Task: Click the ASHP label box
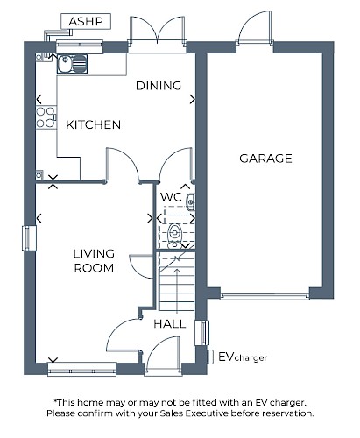[86, 21]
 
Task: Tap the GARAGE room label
[265, 159]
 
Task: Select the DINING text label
[159, 86]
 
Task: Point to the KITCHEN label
[93, 124]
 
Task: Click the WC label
[171, 197]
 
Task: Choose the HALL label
[170, 323]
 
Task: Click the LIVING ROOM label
[94, 261]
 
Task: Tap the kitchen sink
[72, 64]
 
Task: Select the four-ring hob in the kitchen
[46, 117]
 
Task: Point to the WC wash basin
[190, 201]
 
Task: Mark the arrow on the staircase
[177, 290]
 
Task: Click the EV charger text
[243, 357]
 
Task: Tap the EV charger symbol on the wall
[210, 357]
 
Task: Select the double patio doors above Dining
[158, 31]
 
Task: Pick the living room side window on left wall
[29, 238]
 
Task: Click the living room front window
[81, 369]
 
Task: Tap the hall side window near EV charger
[201, 333]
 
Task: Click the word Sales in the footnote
[172, 413]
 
